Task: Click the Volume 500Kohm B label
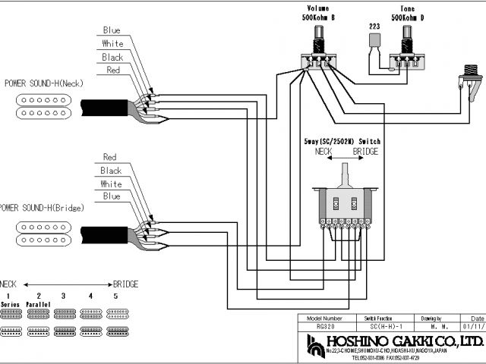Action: click(x=319, y=13)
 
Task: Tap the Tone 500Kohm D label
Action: click(x=408, y=13)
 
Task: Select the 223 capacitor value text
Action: click(x=374, y=26)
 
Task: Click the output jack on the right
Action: click(x=469, y=83)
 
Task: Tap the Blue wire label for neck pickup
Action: click(x=111, y=30)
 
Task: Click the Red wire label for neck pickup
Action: click(x=112, y=71)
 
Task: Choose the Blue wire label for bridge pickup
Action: click(x=111, y=196)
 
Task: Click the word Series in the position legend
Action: click(x=11, y=303)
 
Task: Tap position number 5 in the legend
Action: click(x=115, y=295)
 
